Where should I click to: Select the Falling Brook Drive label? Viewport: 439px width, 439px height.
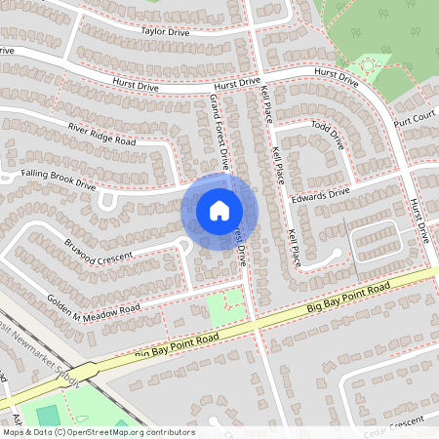pyautogui.click(x=60, y=179)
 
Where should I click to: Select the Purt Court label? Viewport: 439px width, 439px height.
pyautogui.click(x=415, y=116)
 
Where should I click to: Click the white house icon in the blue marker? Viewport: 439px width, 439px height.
pyautogui.click(x=219, y=210)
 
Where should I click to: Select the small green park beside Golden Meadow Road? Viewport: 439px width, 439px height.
pyautogui.click(x=226, y=307)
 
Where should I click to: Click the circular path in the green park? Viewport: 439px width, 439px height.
pyautogui.click(x=369, y=65)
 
